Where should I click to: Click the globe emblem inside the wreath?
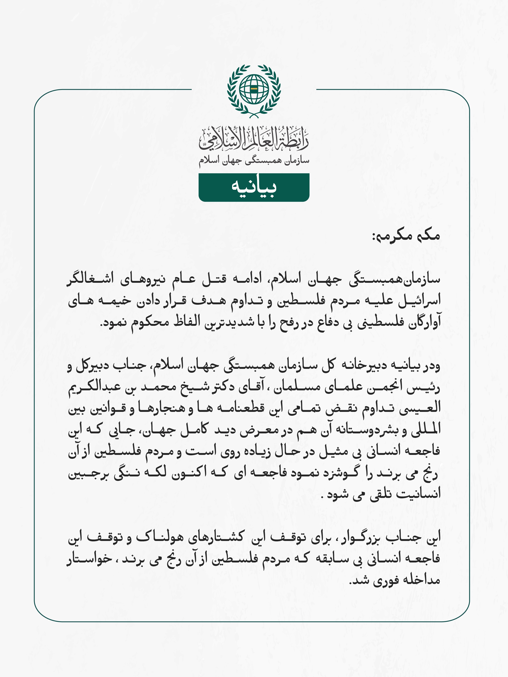point(254,89)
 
